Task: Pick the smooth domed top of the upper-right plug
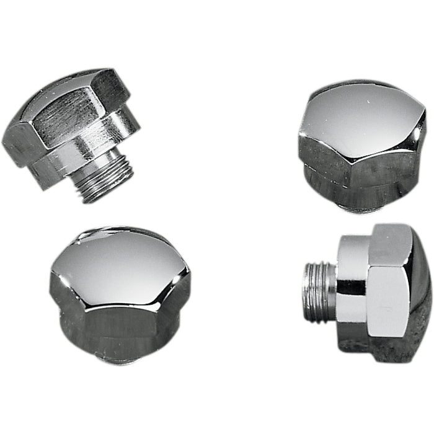(366, 115)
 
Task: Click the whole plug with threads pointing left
(366, 288)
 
